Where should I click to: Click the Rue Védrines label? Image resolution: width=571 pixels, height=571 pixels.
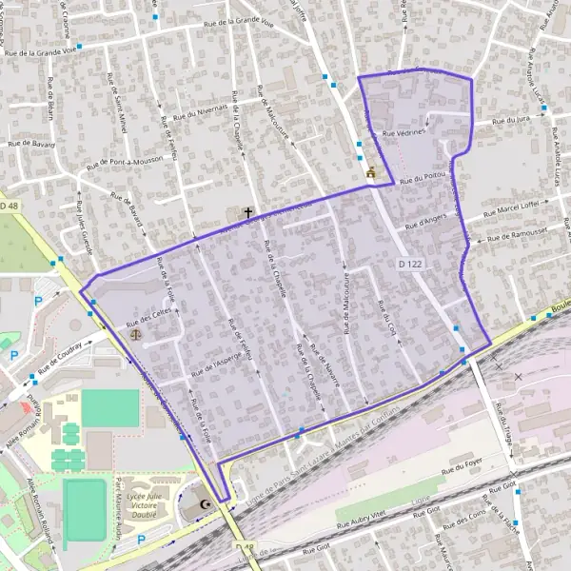pyautogui.click(x=404, y=134)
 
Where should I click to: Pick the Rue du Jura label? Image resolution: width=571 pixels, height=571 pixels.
pyautogui.click(x=510, y=121)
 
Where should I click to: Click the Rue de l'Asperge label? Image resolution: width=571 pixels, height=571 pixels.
pyautogui.click(x=217, y=357)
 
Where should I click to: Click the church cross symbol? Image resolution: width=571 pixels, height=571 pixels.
pyautogui.click(x=249, y=213)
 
